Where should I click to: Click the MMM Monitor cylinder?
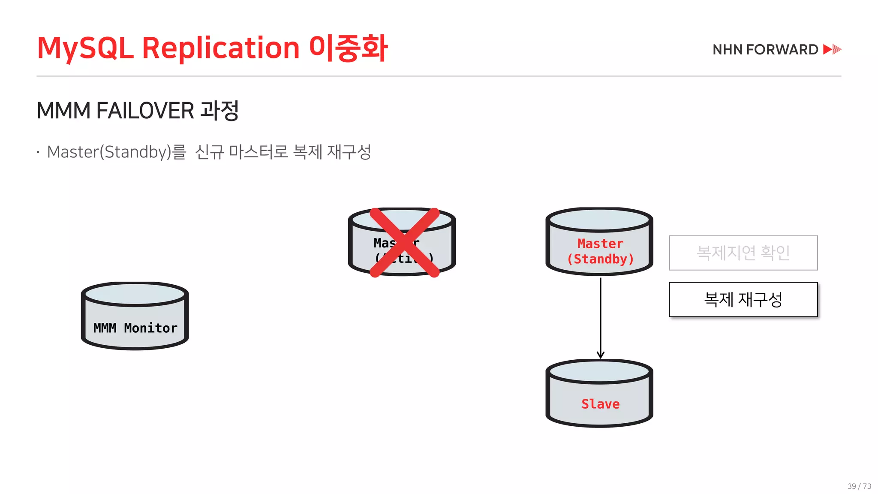click(135, 316)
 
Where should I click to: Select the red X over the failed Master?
click(404, 243)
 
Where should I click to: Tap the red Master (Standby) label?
click(600, 251)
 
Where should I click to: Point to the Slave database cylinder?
click(599, 394)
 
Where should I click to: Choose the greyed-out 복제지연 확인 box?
click(743, 253)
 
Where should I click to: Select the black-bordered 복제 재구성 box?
click(743, 299)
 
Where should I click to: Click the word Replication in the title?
click(220, 48)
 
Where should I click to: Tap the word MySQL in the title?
click(85, 48)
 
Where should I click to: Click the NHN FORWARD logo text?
click(765, 50)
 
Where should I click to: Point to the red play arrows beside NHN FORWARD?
click(832, 49)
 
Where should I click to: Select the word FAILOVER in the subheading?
click(145, 111)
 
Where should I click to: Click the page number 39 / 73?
click(859, 486)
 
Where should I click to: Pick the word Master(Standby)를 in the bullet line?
click(117, 152)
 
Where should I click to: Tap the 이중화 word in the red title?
click(348, 48)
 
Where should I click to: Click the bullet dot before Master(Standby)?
click(38, 152)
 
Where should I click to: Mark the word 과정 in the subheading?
click(219, 111)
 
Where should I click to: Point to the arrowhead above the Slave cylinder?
click(600, 355)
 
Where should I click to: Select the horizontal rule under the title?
click(439, 76)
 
